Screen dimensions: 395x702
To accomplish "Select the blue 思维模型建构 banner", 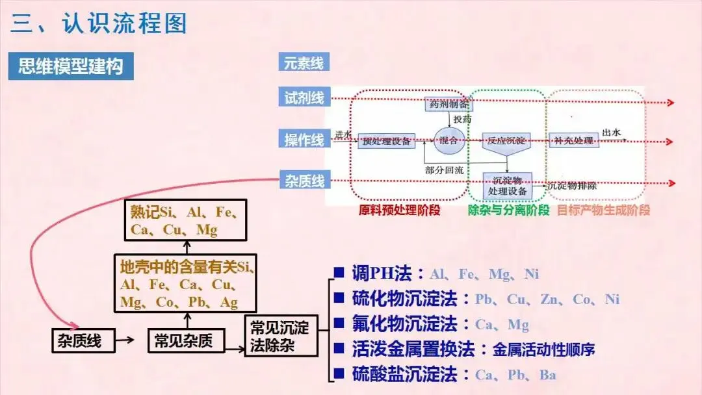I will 71,66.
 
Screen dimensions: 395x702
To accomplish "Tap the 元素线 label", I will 304,64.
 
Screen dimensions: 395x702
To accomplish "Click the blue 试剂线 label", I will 304,98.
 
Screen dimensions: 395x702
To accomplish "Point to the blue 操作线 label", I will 304,139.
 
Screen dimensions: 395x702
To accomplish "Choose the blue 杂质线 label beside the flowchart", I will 304,180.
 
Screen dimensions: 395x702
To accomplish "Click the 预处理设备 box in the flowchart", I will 386,141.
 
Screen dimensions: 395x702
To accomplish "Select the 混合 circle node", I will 448,140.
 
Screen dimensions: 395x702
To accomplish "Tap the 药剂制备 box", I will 447,104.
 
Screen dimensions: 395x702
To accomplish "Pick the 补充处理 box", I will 573,140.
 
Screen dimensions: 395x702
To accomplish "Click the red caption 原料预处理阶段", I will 399,210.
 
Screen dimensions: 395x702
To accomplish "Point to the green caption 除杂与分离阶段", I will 508,210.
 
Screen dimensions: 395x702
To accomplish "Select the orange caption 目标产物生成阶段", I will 603,210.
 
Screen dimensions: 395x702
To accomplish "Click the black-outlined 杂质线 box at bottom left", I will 83,340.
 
